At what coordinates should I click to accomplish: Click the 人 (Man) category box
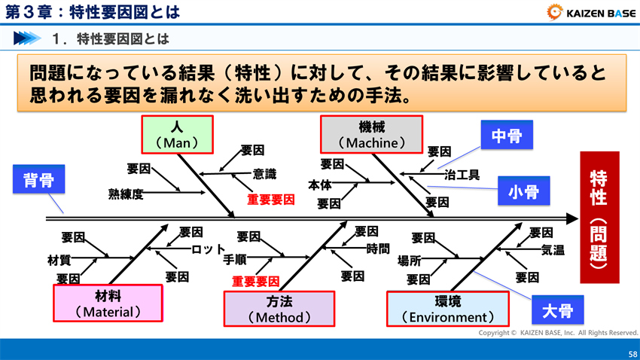click(177, 134)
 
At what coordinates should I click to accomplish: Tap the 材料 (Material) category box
click(108, 303)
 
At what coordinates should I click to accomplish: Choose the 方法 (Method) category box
click(279, 309)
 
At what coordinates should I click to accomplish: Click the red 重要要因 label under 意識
click(271, 200)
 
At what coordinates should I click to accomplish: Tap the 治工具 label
click(462, 175)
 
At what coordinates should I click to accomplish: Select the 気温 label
click(553, 250)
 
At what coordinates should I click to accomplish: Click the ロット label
click(209, 249)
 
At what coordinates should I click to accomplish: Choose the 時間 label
click(378, 249)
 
